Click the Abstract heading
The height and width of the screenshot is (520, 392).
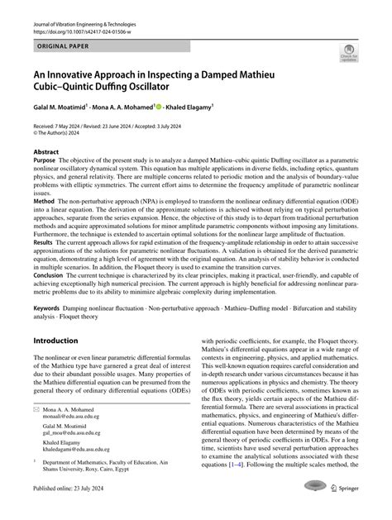[46, 152]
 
